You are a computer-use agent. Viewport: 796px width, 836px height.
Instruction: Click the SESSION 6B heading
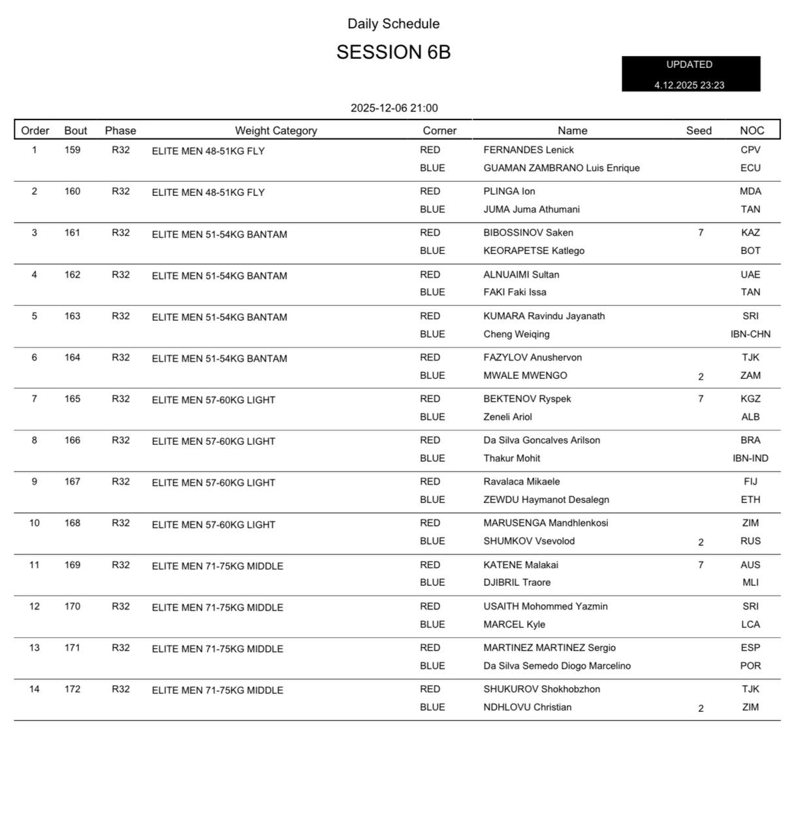pyautogui.click(x=393, y=52)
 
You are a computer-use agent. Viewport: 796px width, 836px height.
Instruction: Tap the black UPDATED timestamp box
pyautogui.click(x=690, y=74)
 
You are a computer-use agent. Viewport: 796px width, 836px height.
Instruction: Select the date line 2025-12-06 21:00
pyautogui.click(x=394, y=108)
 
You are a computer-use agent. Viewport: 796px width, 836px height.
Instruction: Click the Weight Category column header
pyautogui.click(x=276, y=131)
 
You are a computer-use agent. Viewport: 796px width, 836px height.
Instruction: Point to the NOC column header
pyautogui.click(x=751, y=131)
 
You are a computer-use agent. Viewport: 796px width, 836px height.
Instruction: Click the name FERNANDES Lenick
pyautogui.click(x=528, y=150)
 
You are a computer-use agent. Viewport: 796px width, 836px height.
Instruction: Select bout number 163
pyautogui.click(x=72, y=316)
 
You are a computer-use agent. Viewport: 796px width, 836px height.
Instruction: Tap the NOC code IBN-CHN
pyautogui.click(x=750, y=334)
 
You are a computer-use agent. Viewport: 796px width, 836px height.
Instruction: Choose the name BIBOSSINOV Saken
pyautogui.click(x=528, y=233)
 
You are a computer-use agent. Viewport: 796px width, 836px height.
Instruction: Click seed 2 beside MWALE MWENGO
pyautogui.click(x=701, y=377)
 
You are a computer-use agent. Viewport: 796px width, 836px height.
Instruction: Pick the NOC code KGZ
pyautogui.click(x=750, y=399)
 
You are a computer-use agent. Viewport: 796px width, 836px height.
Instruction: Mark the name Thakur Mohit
pyautogui.click(x=511, y=458)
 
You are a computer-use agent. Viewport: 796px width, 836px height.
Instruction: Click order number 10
pyautogui.click(x=35, y=523)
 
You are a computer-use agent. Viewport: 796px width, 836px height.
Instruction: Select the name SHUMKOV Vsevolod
pyautogui.click(x=529, y=541)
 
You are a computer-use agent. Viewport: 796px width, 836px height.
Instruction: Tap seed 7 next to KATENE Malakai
pyautogui.click(x=701, y=565)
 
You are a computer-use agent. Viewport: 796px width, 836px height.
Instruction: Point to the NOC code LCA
pyautogui.click(x=750, y=624)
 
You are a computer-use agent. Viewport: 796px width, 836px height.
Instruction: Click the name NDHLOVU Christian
pyautogui.click(x=527, y=707)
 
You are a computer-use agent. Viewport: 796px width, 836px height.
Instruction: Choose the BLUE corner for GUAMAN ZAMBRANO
pyautogui.click(x=432, y=169)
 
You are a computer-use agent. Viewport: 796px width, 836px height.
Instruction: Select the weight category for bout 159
pyautogui.click(x=208, y=151)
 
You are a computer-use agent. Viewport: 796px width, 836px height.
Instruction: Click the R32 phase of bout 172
pyautogui.click(x=121, y=689)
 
